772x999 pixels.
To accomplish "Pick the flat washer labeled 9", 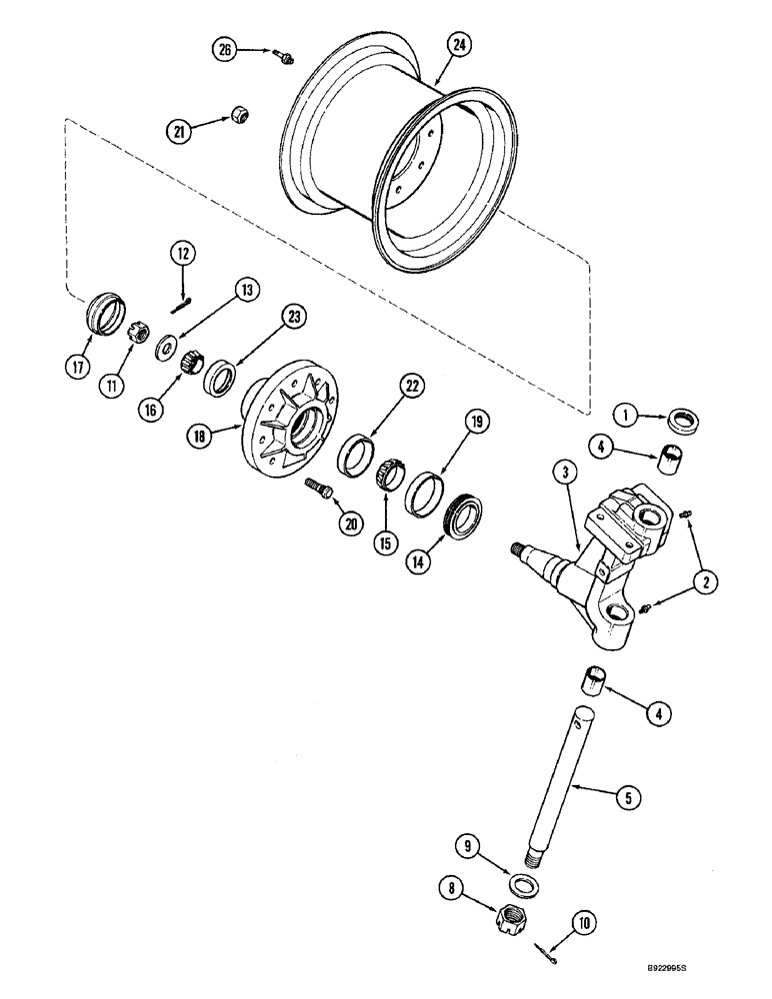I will point(521,885).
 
